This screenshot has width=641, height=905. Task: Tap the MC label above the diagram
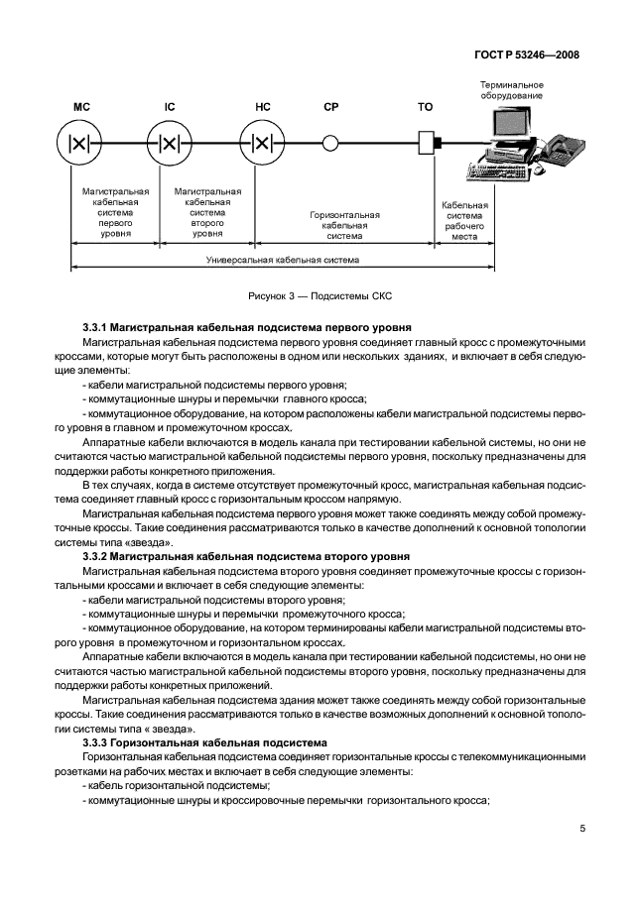coord(81,105)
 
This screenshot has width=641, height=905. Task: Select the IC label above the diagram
coord(169,105)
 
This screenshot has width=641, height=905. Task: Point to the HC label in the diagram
coord(263,105)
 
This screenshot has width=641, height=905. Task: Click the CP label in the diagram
coord(331,105)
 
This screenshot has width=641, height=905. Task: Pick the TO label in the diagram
coord(426,105)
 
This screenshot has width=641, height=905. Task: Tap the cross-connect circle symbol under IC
coord(169,143)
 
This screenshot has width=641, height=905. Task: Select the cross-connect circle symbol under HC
coord(262,143)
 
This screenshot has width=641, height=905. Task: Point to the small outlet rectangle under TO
coord(427,143)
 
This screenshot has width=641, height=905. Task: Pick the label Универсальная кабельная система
coord(283,261)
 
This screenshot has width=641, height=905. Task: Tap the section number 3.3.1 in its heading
coord(94,327)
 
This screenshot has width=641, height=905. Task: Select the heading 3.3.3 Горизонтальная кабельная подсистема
coord(212,742)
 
